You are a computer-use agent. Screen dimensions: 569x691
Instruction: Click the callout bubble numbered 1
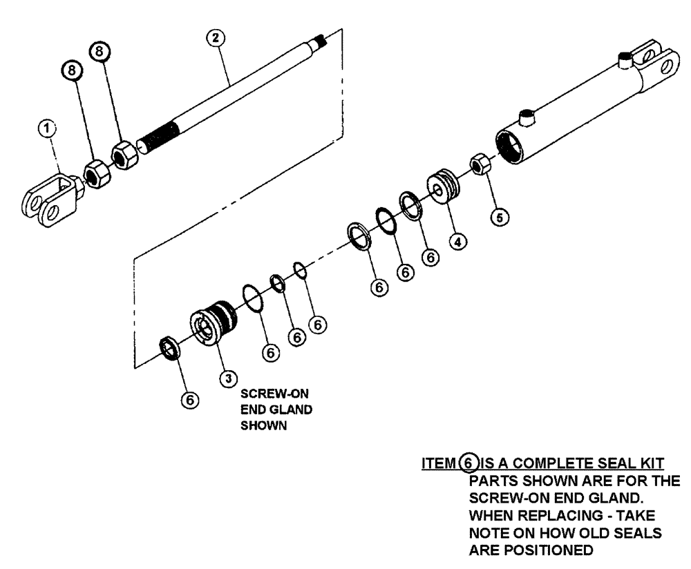[46, 127]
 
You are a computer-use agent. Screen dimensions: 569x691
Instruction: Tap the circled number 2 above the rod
[216, 37]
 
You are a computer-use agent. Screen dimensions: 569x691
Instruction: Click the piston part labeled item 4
[442, 187]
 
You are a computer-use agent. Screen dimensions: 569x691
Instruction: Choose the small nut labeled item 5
[479, 166]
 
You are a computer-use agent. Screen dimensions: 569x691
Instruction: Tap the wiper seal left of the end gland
[170, 347]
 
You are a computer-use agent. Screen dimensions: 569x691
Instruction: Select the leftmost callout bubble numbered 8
[71, 70]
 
